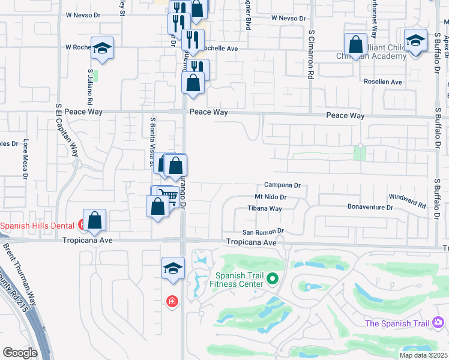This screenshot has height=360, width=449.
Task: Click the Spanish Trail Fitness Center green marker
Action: tap(273, 278)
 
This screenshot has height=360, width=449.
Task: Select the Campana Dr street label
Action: tap(282, 186)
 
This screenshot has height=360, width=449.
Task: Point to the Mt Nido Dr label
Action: tap(271, 197)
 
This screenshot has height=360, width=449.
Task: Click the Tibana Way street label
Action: tap(265, 209)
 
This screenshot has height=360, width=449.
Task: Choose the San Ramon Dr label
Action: tap(262, 232)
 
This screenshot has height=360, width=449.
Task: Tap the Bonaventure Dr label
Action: tap(370, 207)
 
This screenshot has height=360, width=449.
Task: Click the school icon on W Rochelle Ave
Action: tap(103, 48)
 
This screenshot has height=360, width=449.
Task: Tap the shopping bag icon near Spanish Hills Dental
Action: tap(95, 220)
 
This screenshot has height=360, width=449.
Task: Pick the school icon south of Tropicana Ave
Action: tap(173, 268)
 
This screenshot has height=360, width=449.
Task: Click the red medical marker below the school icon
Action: tap(172, 301)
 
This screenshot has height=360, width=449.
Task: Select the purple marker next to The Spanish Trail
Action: tap(438, 323)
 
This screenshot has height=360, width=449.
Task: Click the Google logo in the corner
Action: tap(20, 353)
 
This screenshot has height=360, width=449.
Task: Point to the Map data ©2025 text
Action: tap(423, 355)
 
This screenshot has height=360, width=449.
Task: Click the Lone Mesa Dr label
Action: tap(26, 160)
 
